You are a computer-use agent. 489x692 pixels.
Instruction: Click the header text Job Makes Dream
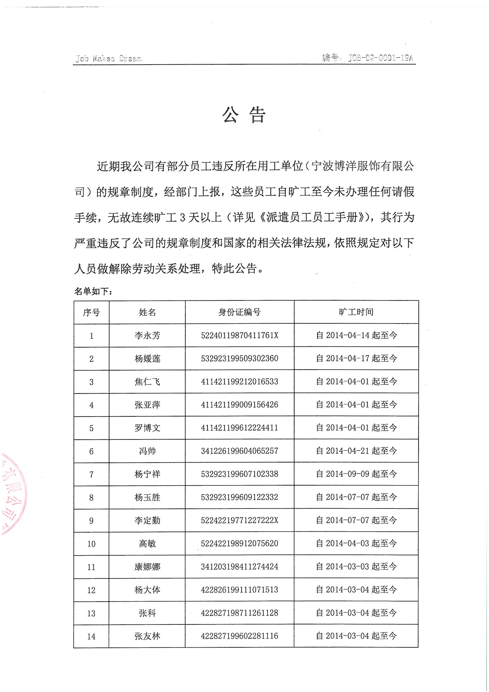[x=109, y=58]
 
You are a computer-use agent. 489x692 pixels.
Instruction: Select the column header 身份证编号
[x=239, y=312]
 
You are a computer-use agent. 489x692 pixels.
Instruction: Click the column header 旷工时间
[x=356, y=312]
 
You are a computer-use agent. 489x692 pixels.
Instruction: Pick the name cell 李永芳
[x=147, y=335]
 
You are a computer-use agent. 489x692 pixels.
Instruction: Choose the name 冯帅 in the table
[x=147, y=451]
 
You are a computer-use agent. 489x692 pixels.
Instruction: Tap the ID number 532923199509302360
[x=239, y=358]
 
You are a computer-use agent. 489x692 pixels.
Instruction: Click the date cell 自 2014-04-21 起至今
[x=356, y=451]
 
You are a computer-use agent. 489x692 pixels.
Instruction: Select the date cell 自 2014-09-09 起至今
[x=356, y=474]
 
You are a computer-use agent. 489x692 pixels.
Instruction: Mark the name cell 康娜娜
[x=147, y=567]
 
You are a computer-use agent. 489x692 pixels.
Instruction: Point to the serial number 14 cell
[x=91, y=636]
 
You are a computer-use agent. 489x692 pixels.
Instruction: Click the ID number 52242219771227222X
[x=239, y=520]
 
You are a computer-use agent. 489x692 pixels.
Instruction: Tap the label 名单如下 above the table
[x=93, y=292]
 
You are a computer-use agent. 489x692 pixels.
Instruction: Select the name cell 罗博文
[x=147, y=428]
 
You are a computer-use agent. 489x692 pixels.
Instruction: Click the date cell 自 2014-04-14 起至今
[x=356, y=335]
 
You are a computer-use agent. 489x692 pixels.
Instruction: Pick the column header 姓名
[x=147, y=312]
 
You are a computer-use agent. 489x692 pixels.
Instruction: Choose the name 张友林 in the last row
[x=147, y=636]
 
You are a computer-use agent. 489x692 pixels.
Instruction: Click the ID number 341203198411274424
[x=239, y=567]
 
